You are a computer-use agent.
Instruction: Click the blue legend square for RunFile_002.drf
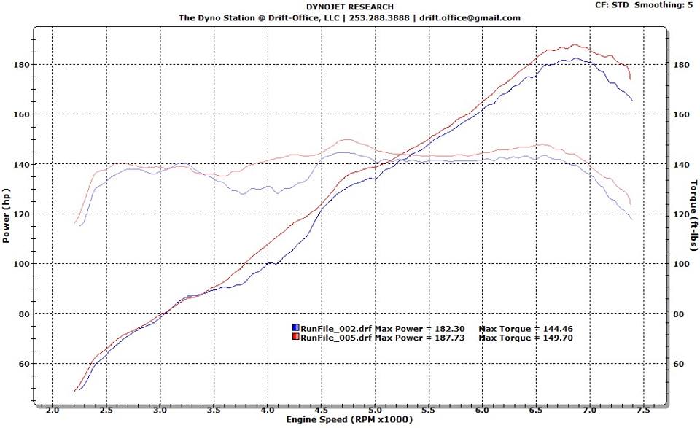(x=295, y=328)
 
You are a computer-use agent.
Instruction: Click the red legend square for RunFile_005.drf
(x=295, y=338)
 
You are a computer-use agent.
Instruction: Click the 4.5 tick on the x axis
(x=322, y=410)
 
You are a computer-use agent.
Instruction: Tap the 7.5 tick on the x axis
(x=644, y=410)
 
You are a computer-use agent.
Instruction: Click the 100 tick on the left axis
(x=20, y=264)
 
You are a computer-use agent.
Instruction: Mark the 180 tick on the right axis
(x=680, y=65)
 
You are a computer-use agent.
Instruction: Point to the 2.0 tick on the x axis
(x=52, y=410)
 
